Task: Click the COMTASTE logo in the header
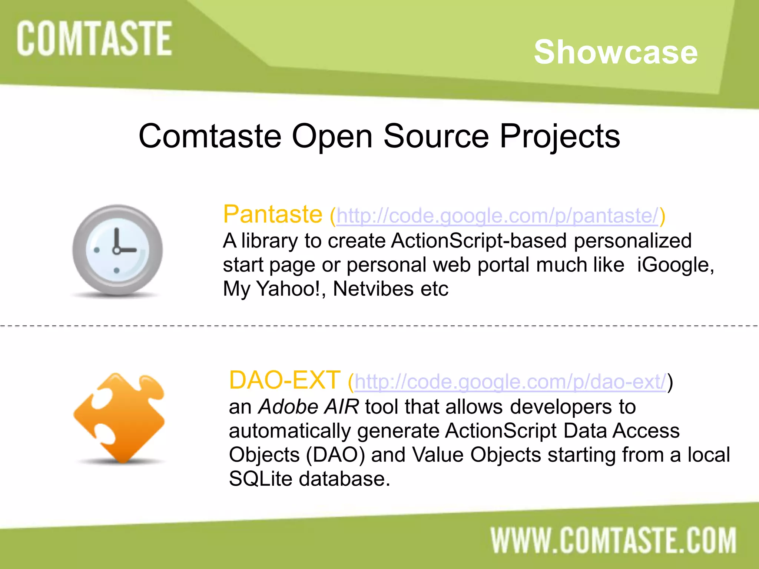click(95, 39)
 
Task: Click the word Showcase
click(616, 52)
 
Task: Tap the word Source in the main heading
click(436, 136)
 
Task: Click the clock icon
click(117, 250)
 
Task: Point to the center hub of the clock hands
click(116, 251)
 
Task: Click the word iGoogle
click(675, 265)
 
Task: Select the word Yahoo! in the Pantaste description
click(288, 289)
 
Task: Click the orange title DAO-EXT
click(285, 380)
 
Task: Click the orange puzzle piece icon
click(119, 418)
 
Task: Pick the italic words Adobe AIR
click(308, 407)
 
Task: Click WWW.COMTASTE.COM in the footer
click(613, 540)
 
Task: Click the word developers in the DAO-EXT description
click(561, 407)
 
